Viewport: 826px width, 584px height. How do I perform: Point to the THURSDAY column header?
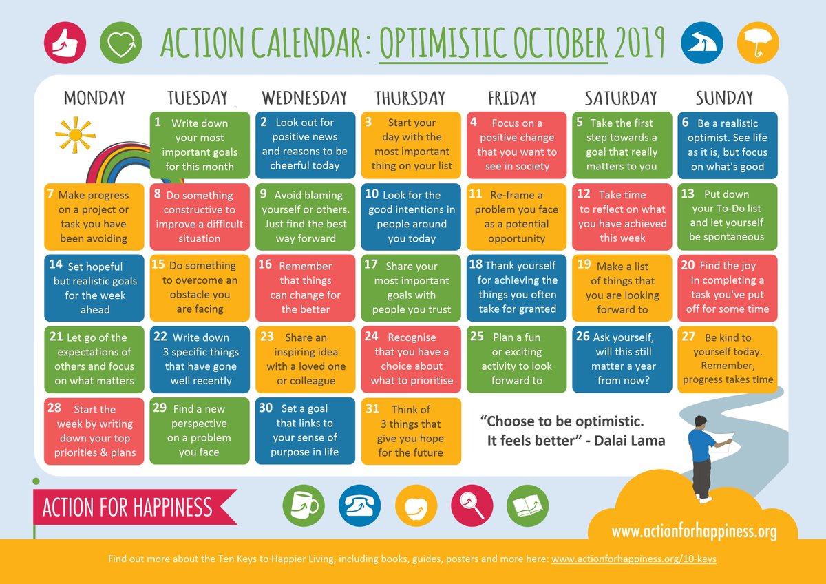click(410, 98)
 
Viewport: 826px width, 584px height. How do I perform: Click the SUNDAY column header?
click(724, 98)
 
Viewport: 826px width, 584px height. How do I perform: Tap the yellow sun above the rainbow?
click(75, 134)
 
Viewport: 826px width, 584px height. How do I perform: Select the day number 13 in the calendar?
click(687, 194)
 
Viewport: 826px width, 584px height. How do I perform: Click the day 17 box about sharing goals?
click(412, 287)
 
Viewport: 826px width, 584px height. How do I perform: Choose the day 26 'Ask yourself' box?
click(622, 359)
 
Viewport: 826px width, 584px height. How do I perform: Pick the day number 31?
click(372, 408)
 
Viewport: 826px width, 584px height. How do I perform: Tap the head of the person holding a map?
click(701, 421)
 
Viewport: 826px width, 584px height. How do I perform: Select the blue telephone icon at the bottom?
click(359, 507)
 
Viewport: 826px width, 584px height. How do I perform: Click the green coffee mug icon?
click(304, 507)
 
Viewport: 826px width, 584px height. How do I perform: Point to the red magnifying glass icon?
click(472, 507)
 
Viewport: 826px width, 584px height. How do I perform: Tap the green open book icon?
click(527, 507)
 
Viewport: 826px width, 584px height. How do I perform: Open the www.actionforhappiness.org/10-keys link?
click(633, 559)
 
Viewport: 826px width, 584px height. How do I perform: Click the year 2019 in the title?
click(640, 43)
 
